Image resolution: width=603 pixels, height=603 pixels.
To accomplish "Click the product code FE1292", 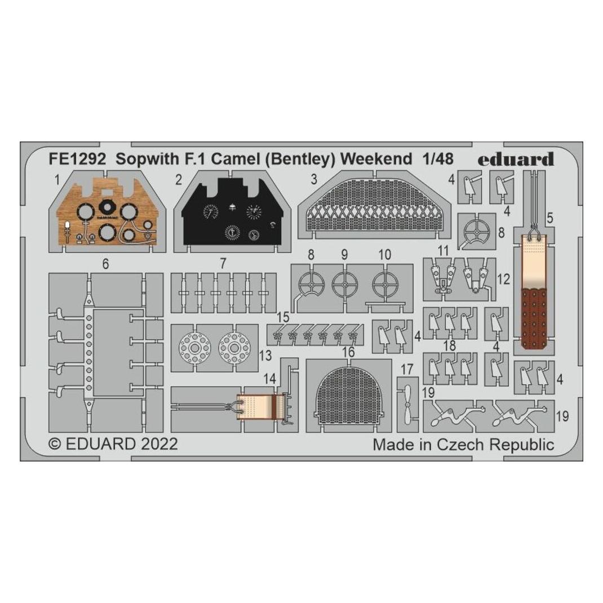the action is (x=77, y=159).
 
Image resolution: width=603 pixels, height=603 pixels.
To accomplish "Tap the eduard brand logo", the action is (x=515, y=159).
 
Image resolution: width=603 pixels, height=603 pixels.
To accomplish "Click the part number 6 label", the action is (x=105, y=264).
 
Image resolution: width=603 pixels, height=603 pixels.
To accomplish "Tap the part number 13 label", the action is (x=265, y=356).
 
